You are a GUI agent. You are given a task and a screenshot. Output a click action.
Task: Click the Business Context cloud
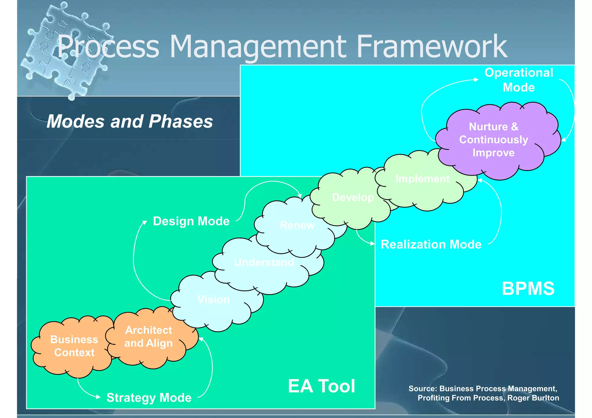tap(74, 346)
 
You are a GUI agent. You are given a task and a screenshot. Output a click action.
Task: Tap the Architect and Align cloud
tap(149, 337)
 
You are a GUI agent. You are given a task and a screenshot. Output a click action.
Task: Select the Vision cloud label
tap(214, 300)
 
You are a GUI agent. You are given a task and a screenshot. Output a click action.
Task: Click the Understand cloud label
tap(264, 262)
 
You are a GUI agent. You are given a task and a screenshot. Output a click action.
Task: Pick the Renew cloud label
tap(297, 225)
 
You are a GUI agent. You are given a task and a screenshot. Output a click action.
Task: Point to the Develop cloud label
tap(353, 197)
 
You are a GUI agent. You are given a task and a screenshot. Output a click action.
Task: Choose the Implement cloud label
tap(422, 179)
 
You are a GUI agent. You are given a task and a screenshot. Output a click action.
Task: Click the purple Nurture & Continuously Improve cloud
tap(493, 140)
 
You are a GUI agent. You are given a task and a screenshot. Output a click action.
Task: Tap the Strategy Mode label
tap(149, 398)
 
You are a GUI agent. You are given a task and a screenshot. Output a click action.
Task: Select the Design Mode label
tap(191, 221)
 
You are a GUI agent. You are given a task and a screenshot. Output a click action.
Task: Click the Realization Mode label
tap(431, 244)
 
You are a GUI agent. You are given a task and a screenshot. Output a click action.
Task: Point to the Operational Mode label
tap(519, 80)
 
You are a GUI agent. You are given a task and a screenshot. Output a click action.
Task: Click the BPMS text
tap(528, 288)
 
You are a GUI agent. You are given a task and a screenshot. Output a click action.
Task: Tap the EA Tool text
tap(321, 386)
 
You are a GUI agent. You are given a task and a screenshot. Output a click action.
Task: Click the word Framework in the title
tap(432, 46)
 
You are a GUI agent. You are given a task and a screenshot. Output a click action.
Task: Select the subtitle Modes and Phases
tap(130, 121)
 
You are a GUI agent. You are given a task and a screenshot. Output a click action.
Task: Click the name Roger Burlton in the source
tap(533, 398)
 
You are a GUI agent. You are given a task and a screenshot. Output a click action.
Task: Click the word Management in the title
tap(257, 46)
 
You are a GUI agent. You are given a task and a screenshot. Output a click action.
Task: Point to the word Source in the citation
tap(422, 389)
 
